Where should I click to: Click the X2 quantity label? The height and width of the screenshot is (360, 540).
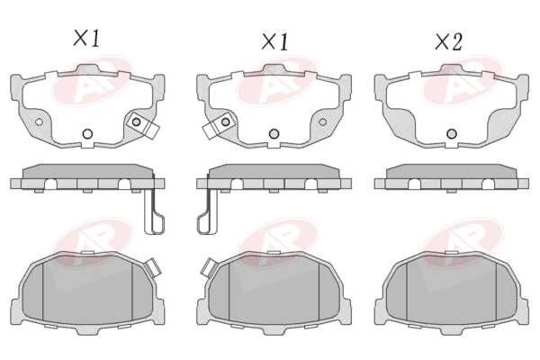point(448,42)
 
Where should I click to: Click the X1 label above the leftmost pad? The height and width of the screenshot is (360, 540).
point(86,38)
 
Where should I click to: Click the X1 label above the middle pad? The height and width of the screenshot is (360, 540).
point(274,42)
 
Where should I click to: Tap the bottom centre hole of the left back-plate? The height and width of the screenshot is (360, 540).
point(87,134)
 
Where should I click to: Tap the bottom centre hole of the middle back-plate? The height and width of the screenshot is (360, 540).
point(274,134)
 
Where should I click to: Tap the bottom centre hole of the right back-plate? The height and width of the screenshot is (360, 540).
point(452,134)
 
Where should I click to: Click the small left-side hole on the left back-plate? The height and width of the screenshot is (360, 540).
point(39,122)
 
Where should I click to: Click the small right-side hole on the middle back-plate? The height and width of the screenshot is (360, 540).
point(323,122)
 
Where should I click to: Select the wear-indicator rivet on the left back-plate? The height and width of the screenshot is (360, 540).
point(137,121)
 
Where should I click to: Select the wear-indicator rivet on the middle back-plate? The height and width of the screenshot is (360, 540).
point(226,121)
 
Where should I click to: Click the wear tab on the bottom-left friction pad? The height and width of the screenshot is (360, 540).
point(152,267)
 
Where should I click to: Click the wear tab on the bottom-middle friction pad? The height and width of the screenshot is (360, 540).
point(210,267)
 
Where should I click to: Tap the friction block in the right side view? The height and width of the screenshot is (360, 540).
point(452,171)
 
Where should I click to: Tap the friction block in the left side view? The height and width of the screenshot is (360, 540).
point(87,171)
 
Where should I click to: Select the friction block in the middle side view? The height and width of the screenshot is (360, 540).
point(274,171)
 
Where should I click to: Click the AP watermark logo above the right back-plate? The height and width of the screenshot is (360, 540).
point(463,80)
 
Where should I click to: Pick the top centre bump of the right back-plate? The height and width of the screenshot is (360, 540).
point(452,69)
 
